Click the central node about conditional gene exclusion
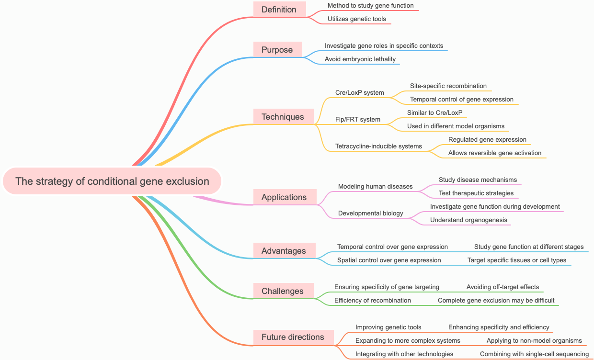[x=112, y=181]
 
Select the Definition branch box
[x=279, y=10]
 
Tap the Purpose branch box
[x=277, y=50]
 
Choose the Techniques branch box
[x=283, y=117]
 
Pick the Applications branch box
[x=284, y=197]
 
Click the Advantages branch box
[x=284, y=251]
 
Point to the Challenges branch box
[x=283, y=291]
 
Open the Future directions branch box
[x=293, y=337]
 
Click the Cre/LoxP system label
[x=360, y=92]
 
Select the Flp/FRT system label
[x=358, y=119]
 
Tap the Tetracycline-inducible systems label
[x=378, y=146]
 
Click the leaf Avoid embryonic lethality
[x=360, y=59]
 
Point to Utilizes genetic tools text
[x=357, y=19]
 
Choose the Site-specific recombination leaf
[x=448, y=86]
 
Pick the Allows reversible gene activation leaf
[x=495, y=153]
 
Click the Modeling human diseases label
[x=375, y=186]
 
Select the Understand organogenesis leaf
[x=468, y=220]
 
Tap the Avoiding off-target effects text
[x=503, y=287]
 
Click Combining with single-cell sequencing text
[x=534, y=354]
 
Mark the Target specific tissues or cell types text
[x=517, y=260]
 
